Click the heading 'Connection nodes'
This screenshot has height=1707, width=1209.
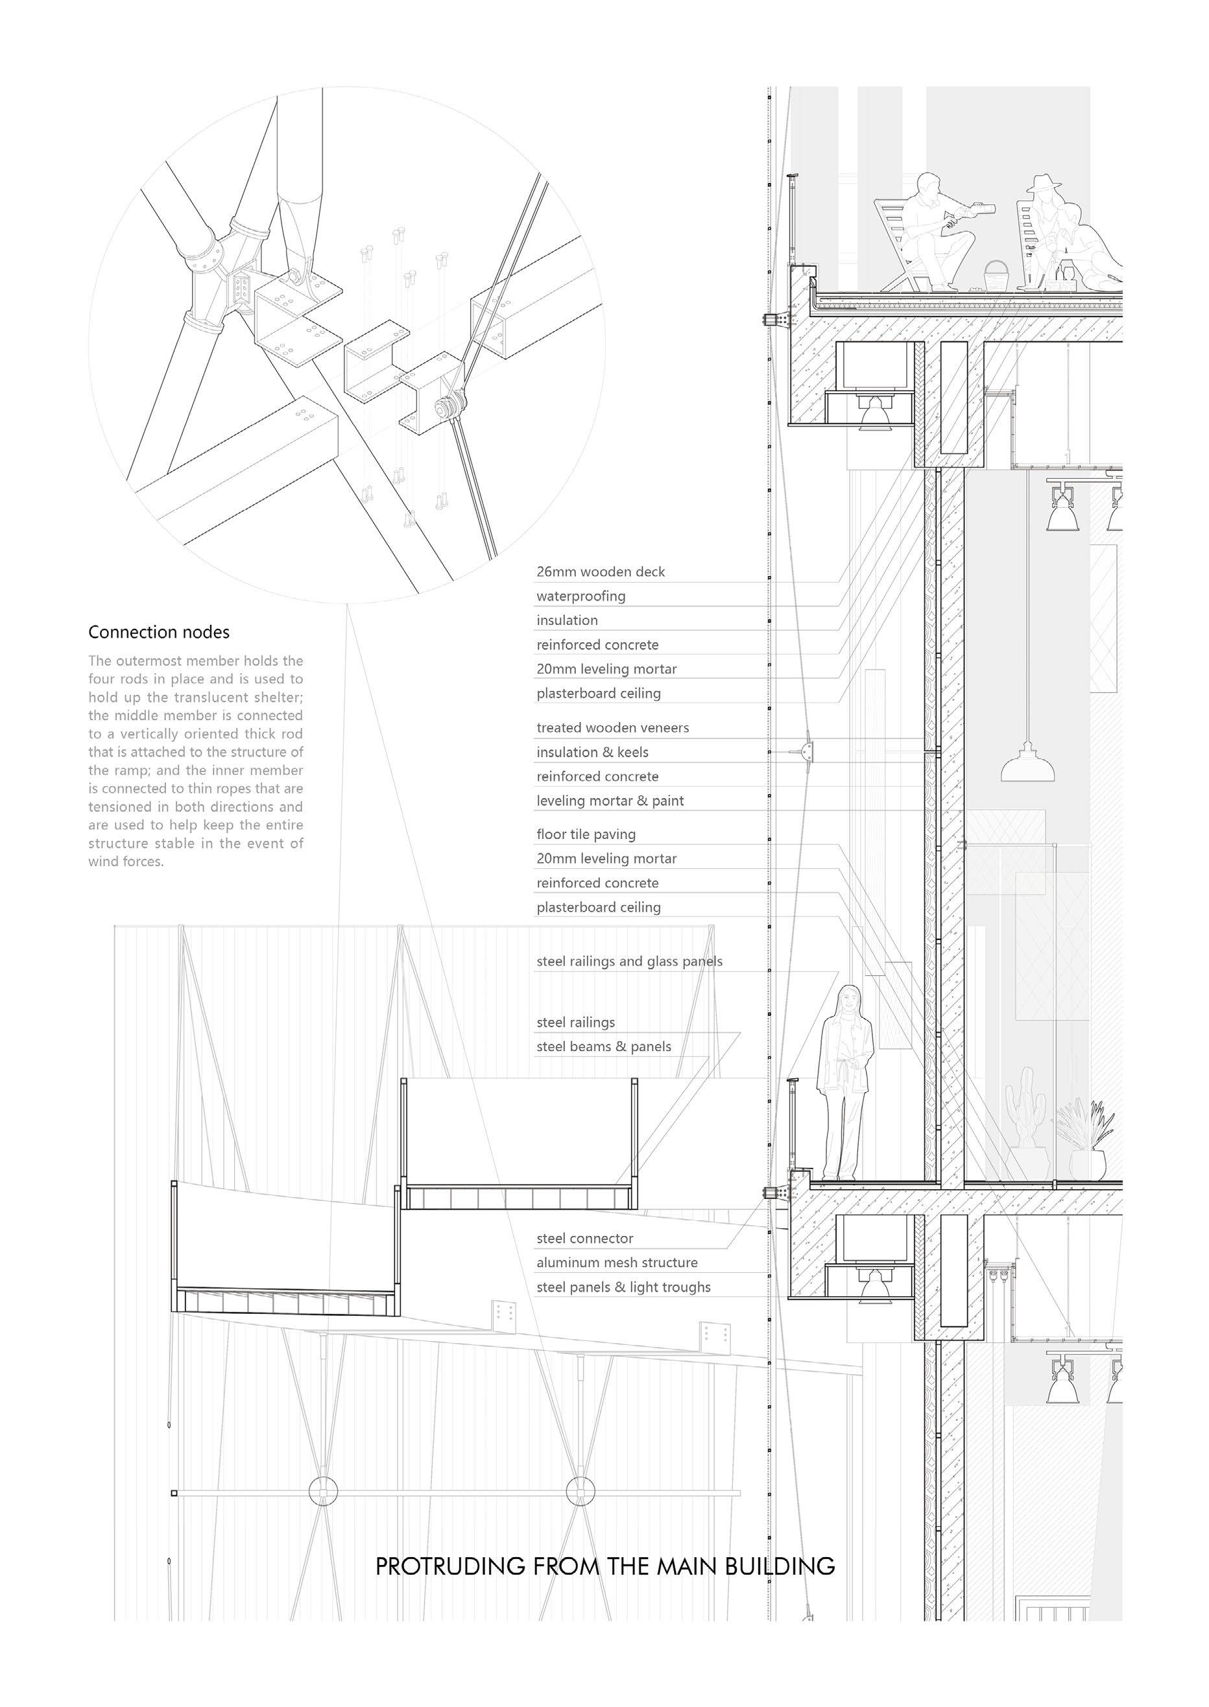coord(158,633)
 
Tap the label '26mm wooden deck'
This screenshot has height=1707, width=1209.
coord(600,572)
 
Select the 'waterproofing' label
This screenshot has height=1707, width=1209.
coord(581,596)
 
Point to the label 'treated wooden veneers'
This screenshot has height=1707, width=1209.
coord(612,728)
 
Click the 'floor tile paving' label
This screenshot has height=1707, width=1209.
coord(586,834)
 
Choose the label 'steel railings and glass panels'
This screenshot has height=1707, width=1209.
coord(629,961)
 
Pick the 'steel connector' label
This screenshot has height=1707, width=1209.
coord(584,1239)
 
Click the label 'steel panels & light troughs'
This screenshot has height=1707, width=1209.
coord(623,1287)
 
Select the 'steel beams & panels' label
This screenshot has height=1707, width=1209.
coord(603,1047)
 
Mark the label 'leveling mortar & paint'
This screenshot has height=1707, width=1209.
coord(610,801)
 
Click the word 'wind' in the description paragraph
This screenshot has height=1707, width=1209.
coord(104,862)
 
